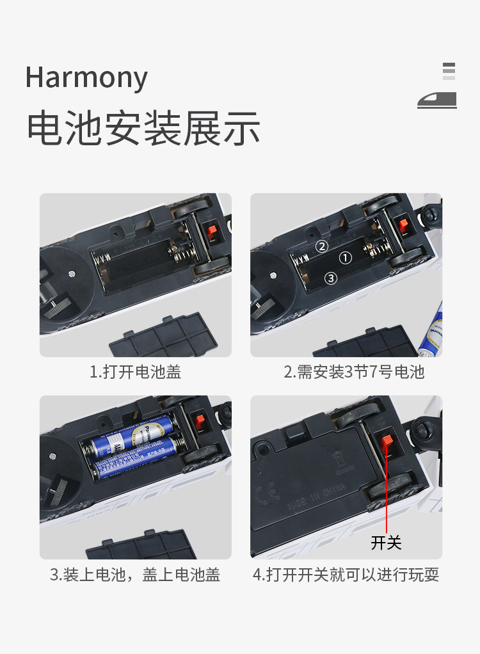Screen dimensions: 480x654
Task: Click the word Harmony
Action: pyautogui.click(x=86, y=77)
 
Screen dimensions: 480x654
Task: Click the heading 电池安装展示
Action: pyautogui.click(x=144, y=128)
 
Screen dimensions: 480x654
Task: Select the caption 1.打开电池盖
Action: pyautogui.click(x=136, y=372)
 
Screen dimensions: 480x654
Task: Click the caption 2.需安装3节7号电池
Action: pyautogui.click(x=354, y=372)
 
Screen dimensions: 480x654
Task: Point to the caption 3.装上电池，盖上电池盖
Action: pyautogui.click(x=134, y=575)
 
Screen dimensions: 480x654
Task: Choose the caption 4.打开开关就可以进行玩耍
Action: pyautogui.click(x=346, y=575)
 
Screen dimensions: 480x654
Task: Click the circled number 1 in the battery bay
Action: pyautogui.click(x=346, y=258)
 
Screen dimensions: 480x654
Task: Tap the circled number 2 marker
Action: pyautogui.click(x=321, y=246)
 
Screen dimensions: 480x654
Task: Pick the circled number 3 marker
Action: pyautogui.click(x=331, y=278)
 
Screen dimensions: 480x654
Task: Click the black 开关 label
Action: pyautogui.click(x=386, y=543)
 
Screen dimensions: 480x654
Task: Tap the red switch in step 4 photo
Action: pyautogui.click(x=387, y=440)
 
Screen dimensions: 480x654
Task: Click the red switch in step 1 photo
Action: pyautogui.click(x=212, y=230)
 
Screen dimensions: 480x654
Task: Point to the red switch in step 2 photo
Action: pyautogui.click(x=403, y=225)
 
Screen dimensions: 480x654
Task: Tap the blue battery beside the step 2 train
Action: pyautogui.click(x=431, y=330)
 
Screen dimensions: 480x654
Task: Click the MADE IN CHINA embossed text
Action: pyautogui.click(x=316, y=497)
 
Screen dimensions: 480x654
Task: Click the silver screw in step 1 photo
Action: pyautogui.click(x=72, y=274)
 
